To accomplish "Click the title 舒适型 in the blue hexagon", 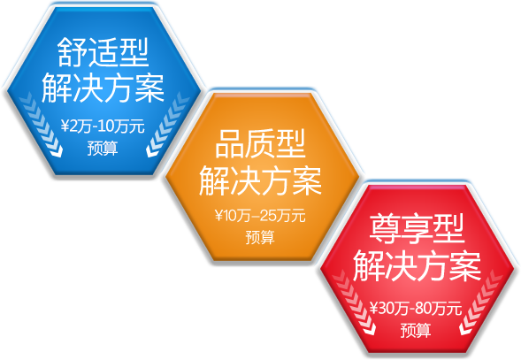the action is (x=103, y=52).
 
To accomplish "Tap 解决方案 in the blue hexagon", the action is (x=103, y=88).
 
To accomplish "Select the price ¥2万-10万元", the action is (x=103, y=126).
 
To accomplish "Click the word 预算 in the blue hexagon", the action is (x=103, y=149).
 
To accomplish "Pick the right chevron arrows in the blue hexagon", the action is (x=167, y=125).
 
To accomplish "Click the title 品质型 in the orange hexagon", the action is (x=260, y=144).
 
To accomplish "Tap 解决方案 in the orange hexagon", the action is (x=260, y=180).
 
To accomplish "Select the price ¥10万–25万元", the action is (x=260, y=216).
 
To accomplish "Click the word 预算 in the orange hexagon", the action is (x=260, y=237).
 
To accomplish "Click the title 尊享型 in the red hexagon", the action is (x=417, y=229).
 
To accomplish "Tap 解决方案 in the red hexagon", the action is (x=417, y=266).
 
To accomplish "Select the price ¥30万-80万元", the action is (x=416, y=309).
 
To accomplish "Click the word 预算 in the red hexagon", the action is (x=416, y=331).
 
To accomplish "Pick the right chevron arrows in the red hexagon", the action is (x=481, y=303).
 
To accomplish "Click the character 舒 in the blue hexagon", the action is (x=73, y=52).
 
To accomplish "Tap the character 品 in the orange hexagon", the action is (x=230, y=144).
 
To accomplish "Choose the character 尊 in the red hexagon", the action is (x=385, y=229).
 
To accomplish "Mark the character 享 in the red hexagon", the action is (x=417, y=229).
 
